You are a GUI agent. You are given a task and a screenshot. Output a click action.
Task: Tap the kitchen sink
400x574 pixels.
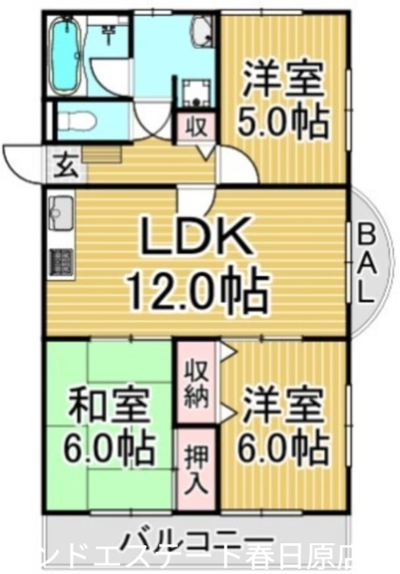(x=62, y=212)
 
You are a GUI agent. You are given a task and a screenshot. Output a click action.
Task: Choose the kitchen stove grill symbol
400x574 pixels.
(x=60, y=260)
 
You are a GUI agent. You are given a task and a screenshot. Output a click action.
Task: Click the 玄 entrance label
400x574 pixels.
(x=66, y=163)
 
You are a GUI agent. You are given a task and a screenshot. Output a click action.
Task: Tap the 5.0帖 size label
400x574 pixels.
(x=284, y=121)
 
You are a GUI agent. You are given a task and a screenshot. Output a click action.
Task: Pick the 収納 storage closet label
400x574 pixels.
(x=196, y=383)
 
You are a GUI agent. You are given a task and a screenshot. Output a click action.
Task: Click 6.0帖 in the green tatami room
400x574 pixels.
(x=109, y=450)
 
